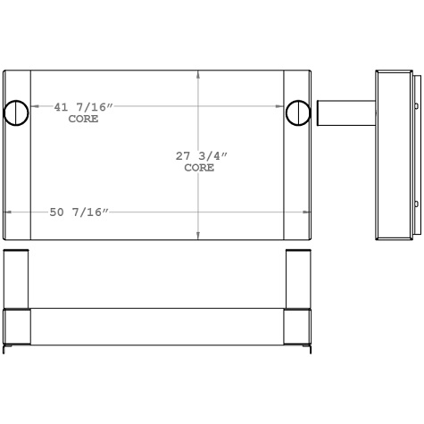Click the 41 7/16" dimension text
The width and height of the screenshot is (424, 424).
(x=83, y=107)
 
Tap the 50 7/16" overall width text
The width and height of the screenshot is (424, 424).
(x=79, y=212)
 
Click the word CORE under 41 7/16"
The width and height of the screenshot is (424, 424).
(x=84, y=118)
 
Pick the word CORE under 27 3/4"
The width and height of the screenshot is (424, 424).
(x=199, y=168)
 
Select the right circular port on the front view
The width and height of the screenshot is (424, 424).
(x=298, y=112)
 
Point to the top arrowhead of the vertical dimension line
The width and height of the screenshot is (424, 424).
(x=198, y=75)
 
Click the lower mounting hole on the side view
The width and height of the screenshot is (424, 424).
(x=416, y=204)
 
